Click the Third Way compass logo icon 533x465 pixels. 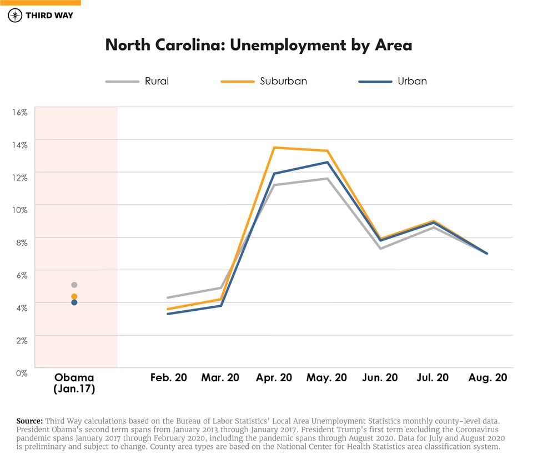tap(15, 15)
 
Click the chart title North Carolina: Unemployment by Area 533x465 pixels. tap(259, 45)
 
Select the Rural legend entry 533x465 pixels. tap(137, 81)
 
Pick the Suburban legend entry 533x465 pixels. tap(264, 81)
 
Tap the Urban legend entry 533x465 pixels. tap(393, 81)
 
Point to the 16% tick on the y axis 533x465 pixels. tap(19, 112)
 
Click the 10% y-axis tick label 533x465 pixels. tap(19, 210)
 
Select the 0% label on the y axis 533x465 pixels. tap(21, 373)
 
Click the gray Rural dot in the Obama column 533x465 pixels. tap(74, 285)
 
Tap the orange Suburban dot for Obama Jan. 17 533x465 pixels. tap(74, 296)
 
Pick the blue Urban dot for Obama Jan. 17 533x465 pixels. tap(74, 302)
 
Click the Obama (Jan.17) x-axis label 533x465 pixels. tap(74, 383)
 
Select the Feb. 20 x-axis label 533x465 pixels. tap(168, 378)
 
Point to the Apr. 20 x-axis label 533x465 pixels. tap(274, 378)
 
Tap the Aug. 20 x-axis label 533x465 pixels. tap(487, 378)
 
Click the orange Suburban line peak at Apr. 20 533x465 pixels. tap(274, 148)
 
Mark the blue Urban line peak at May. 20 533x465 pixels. tap(327, 162)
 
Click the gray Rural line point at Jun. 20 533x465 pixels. tap(380, 248)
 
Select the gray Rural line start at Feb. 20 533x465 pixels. tap(168, 297)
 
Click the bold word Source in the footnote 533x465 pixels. tap(29, 421)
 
